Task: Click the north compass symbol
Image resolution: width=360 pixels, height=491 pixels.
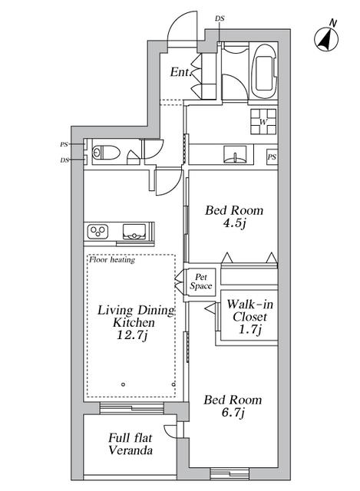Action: pyautogui.click(x=326, y=39)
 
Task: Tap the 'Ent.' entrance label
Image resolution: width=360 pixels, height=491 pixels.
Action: pyautogui.click(x=180, y=72)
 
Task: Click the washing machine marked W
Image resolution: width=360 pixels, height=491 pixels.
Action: pyautogui.click(x=263, y=121)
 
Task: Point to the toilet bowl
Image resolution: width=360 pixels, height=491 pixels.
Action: pyautogui.click(x=106, y=153)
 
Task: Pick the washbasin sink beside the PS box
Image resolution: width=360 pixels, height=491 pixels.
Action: pyautogui.click(x=234, y=154)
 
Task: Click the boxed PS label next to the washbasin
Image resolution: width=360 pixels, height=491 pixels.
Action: pyautogui.click(x=272, y=157)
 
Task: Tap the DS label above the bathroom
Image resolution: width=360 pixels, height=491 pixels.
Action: pyautogui.click(x=220, y=18)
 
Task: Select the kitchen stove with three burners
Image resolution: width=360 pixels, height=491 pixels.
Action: pyautogui.click(x=97, y=231)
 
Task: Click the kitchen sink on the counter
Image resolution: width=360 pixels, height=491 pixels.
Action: pyautogui.click(x=134, y=232)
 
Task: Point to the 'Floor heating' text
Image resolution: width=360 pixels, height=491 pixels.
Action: pyautogui.click(x=112, y=259)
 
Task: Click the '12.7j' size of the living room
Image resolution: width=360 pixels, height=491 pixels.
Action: pyautogui.click(x=132, y=335)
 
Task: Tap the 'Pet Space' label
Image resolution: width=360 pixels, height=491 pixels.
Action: pyautogui.click(x=201, y=282)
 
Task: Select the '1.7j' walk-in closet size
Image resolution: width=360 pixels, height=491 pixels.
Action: pyautogui.click(x=249, y=329)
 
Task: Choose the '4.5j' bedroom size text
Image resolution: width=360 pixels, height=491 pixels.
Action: pyautogui.click(x=234, y=223)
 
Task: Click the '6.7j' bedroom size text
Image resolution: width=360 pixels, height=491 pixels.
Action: pyautogui.click(x=233, y=413)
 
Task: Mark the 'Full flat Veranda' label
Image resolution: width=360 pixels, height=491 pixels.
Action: pyautogui.click(x=130, y=444)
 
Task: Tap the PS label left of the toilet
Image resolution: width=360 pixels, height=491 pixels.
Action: pyautogui.click(x=64, y=144)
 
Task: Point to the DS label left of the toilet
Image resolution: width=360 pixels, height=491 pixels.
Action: pyautogui.click(x=64, y=160)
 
